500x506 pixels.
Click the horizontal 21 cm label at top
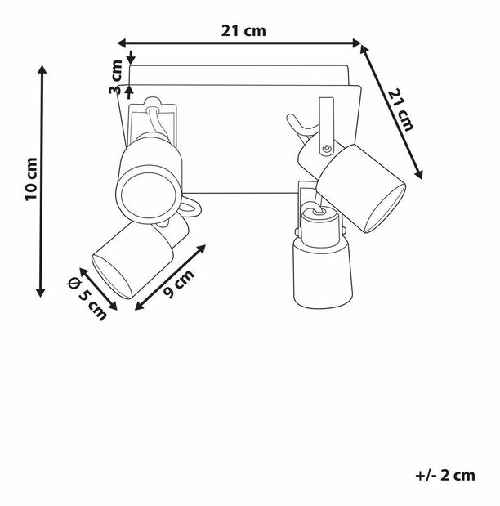tap(243, 31)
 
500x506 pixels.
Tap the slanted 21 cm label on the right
tap(400, 110)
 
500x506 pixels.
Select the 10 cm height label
tap(31, 179)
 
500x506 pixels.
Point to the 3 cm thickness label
tap(116, 77)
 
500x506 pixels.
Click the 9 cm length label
tap(179, 284)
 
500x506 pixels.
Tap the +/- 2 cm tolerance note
tap(445, 475)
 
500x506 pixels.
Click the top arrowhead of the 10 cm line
tap(42, 69)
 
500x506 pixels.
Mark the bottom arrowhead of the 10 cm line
tap(41, 293)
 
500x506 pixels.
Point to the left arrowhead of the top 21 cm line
tap(121, 43)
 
